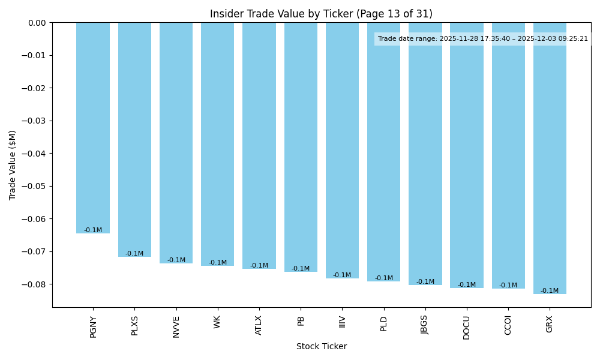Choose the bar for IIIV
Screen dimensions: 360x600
click(x=342, y=150)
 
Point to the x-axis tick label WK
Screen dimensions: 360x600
click(x=218, y=322)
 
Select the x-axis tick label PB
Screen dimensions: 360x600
click(x=301, y=321)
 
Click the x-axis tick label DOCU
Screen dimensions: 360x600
click(x=467, y=327)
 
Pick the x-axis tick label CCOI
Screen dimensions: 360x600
click(x=508, y=325)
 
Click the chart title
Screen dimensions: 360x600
click(x=321, y=14)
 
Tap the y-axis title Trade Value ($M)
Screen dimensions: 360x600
click(x=13, y=165)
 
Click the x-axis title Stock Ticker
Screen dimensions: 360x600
click(x=321, y=347)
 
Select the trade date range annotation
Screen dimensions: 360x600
click(x=483, y=39)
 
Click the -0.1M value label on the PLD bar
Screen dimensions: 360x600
click(x=384, y=278)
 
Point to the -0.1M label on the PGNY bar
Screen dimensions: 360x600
click(x=93, y=230)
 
